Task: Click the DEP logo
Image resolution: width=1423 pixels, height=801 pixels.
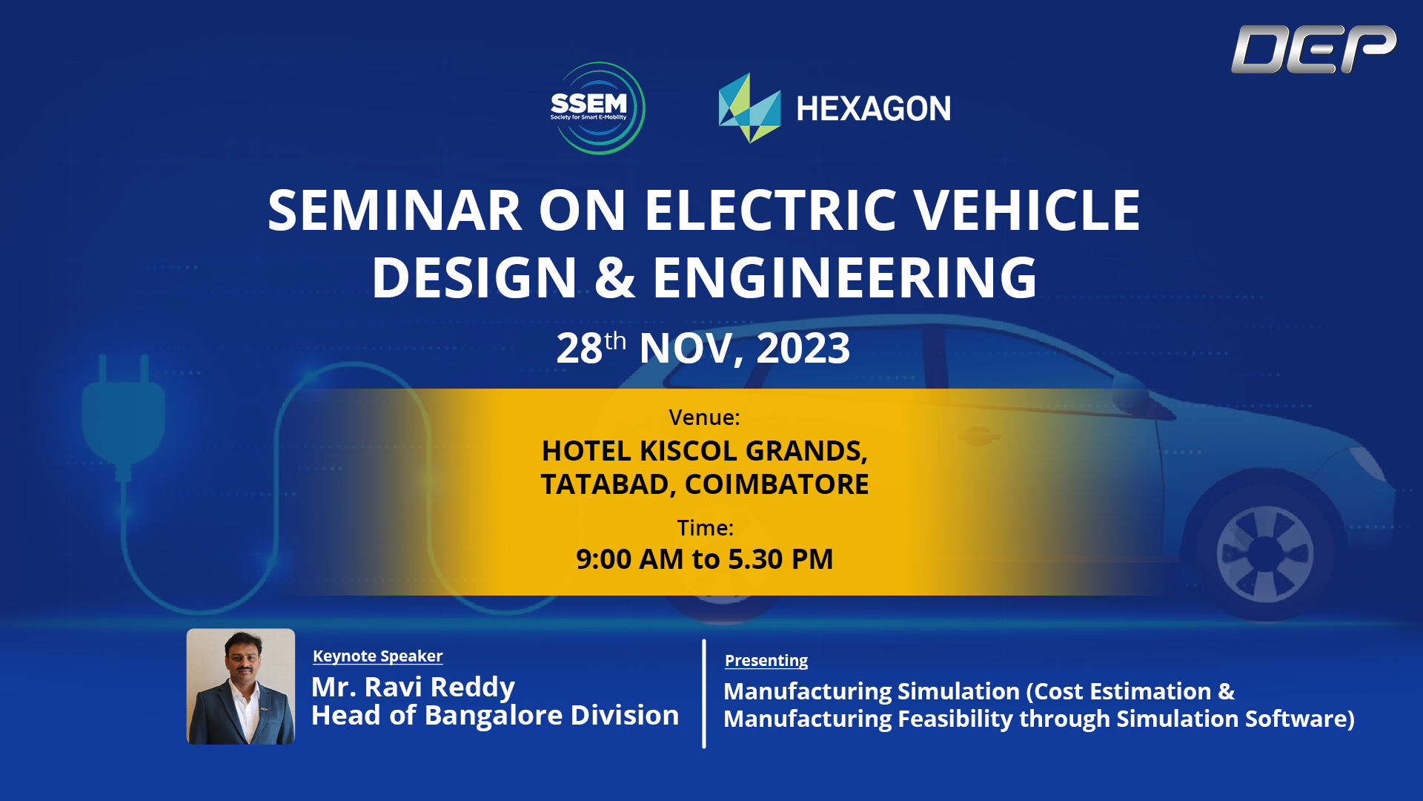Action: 1313,49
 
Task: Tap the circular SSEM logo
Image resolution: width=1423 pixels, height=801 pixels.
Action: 597,108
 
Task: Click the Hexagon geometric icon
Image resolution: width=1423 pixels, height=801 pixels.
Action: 749,108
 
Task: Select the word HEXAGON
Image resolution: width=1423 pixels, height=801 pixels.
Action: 873,109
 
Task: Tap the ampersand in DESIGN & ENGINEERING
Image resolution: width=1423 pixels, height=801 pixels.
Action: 614,277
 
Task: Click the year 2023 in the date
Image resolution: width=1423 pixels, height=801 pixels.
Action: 803,348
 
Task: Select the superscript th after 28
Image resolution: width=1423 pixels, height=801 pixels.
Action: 615,341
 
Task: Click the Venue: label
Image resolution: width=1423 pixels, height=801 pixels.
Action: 704,418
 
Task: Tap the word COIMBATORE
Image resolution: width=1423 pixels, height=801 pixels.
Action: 776,484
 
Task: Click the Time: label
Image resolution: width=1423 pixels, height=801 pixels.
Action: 705,528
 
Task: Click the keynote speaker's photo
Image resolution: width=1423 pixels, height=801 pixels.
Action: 241,686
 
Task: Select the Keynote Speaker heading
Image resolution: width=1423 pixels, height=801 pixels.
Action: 377,656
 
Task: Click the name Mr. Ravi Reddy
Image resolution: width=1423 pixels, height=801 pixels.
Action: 413,687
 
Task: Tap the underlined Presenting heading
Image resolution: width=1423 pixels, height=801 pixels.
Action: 766,661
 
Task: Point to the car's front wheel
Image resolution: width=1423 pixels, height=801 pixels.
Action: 1264,553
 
